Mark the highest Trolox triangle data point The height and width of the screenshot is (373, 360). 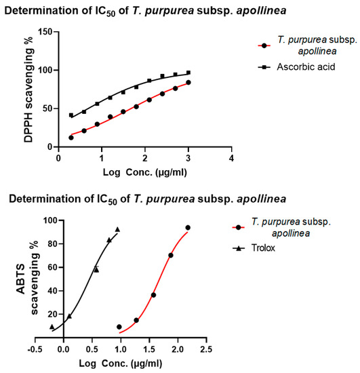click(x=117, y=229)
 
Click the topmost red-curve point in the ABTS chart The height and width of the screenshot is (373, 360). click(x=188, y=227)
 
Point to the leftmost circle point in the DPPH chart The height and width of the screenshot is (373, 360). click(x=71, y=138)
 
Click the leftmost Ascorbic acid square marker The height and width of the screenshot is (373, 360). click(x=71, y=115)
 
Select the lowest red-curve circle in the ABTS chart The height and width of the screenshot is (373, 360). click(x=119, y=327)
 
